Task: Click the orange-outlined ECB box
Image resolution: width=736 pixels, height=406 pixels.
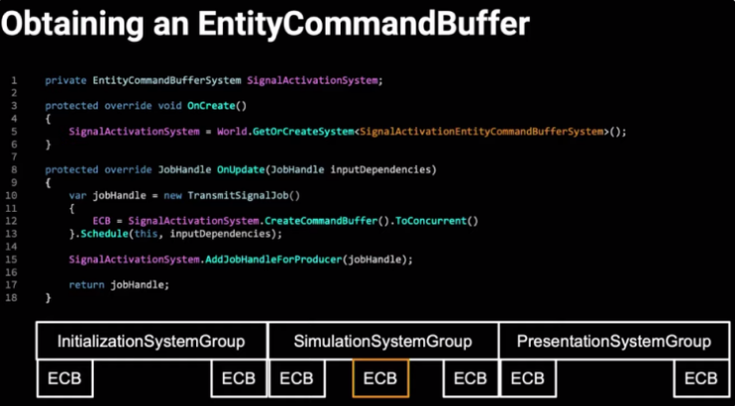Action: point(379,378)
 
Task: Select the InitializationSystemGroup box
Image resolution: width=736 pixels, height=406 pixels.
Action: point(151,341)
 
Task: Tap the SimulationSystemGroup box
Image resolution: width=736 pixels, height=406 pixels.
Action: point(382,341)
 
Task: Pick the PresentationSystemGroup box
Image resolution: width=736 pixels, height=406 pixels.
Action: point(614,341)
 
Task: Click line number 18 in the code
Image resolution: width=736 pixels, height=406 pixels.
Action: point(15,298)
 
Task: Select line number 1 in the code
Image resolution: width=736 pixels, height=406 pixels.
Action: point(15,80)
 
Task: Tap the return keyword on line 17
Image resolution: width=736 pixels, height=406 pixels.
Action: point(86,285)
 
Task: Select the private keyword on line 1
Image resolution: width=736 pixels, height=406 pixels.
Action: point(65,80)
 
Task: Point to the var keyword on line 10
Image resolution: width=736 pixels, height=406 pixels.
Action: point(77,195)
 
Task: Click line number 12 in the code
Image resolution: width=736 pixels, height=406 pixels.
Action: point(15,220)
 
